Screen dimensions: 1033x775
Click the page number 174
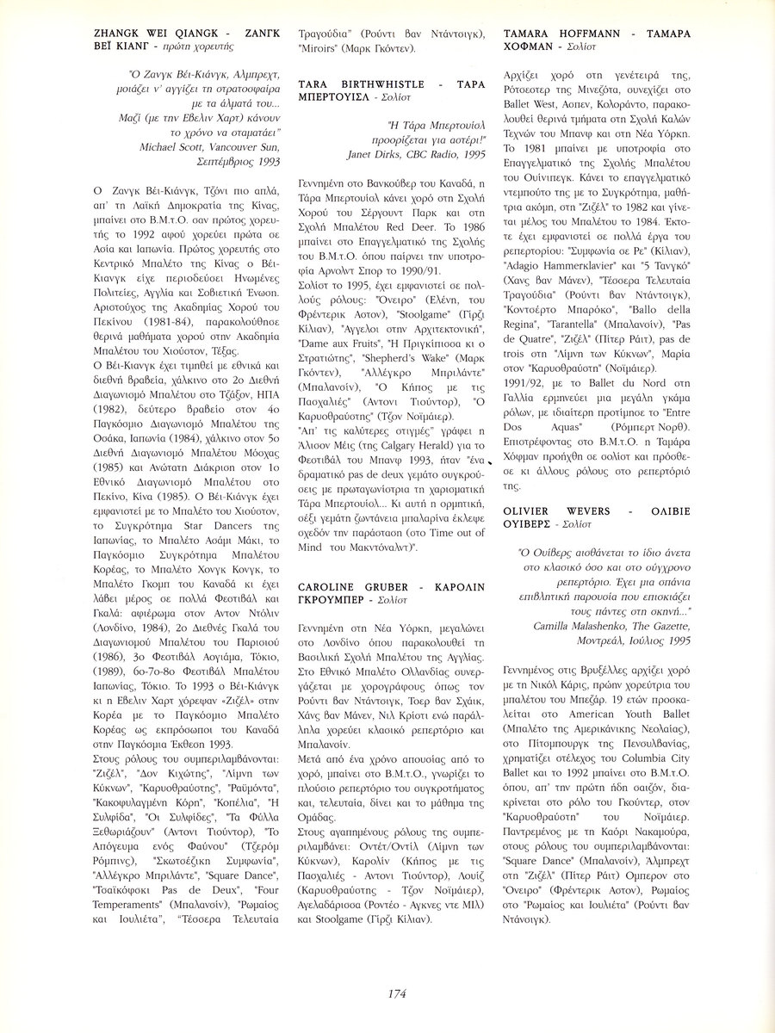(x=396, y=993)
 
